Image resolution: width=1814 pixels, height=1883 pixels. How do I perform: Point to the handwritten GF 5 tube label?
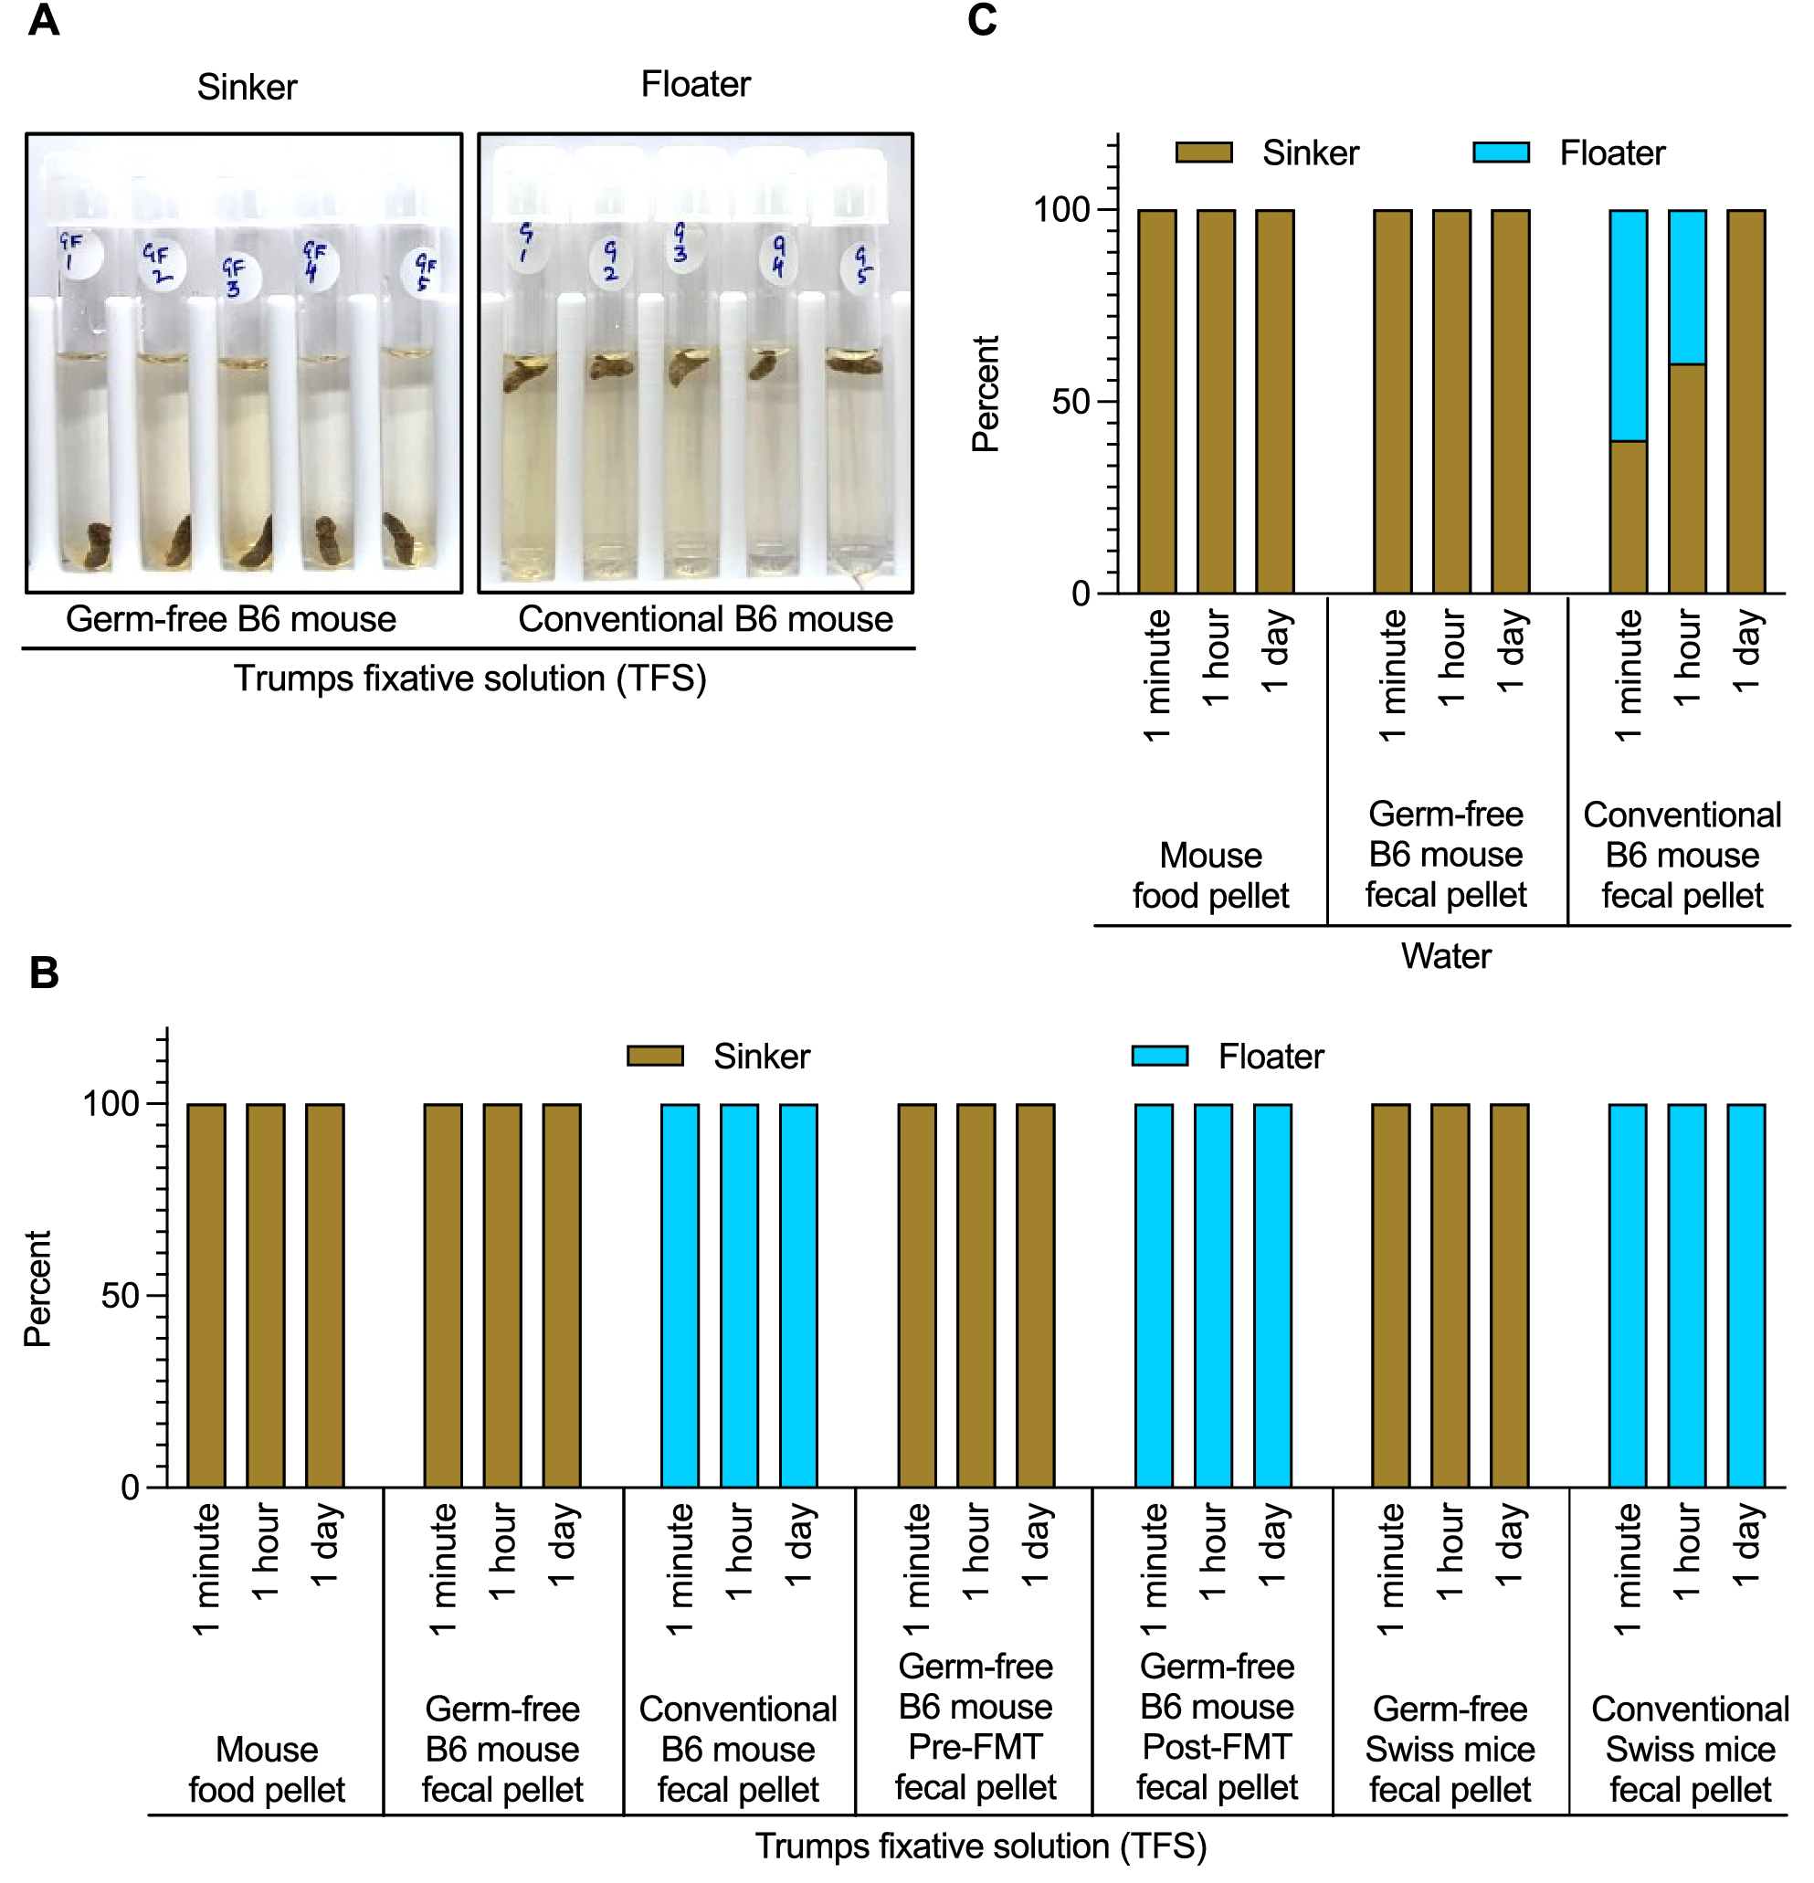424,271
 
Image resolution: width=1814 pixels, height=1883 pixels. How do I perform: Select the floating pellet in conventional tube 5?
853,363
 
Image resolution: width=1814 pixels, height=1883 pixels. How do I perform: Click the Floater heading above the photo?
695,85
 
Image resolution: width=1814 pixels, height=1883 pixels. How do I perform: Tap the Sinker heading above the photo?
247,88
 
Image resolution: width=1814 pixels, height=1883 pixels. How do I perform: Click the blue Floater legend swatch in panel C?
1501,153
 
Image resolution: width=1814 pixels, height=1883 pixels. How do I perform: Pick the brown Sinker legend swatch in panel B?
654,1056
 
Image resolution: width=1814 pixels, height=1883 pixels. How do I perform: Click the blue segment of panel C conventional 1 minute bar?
1628,325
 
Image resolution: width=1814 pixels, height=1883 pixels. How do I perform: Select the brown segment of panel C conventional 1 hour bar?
1687,478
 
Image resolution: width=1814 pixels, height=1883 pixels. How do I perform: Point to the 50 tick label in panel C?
1070,402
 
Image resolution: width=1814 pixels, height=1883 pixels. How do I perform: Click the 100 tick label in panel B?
111,1104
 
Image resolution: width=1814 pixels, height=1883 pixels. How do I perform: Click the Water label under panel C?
1445,956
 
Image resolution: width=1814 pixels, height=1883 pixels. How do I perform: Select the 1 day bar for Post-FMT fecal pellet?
1272,1295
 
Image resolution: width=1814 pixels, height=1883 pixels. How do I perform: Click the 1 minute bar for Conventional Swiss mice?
1628,1295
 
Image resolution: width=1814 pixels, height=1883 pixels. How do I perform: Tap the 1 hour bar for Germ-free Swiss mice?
1450,1295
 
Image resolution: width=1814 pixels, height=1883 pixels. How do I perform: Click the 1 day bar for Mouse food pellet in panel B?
325,1295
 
